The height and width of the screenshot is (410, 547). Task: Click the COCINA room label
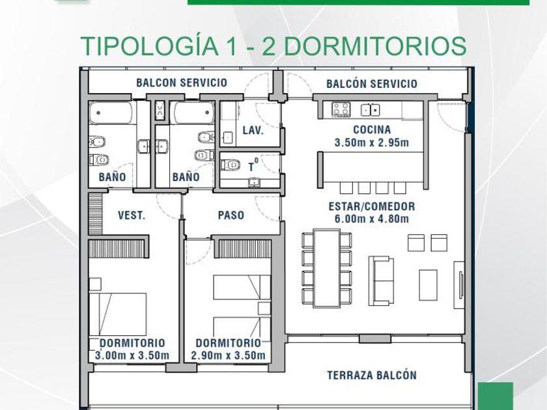click(372, 130)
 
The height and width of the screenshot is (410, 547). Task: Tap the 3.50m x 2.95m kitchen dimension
click(372, 143)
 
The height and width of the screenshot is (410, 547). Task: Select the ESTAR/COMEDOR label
click(372, 206)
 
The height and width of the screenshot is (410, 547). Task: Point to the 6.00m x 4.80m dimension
click(372, 219)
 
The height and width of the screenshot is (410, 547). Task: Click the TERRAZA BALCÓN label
click(372, 375)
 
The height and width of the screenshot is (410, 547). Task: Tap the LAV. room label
click(253, 131)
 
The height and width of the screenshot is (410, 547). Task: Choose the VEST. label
click(132, 215)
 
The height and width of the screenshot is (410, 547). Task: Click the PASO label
click(231, 215)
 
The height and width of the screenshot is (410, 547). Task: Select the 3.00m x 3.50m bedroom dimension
click(132, 355)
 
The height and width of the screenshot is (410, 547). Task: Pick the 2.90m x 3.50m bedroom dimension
click(228, 355)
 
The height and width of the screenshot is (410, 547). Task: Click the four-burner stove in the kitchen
click(341, 109)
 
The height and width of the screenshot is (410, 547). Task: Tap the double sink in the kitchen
click(370, 110)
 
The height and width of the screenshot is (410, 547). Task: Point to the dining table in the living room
click(327, 268)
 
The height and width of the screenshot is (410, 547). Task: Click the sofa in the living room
click(382, 280)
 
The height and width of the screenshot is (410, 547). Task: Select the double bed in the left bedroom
click(118, 314)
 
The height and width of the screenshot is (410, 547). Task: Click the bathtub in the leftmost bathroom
click(111, 112)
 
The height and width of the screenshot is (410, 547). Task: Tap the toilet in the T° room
click(231, 164)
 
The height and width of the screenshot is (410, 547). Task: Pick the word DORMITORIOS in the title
click(375, 46)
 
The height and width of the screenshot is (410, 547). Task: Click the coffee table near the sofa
click(428, 285)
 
